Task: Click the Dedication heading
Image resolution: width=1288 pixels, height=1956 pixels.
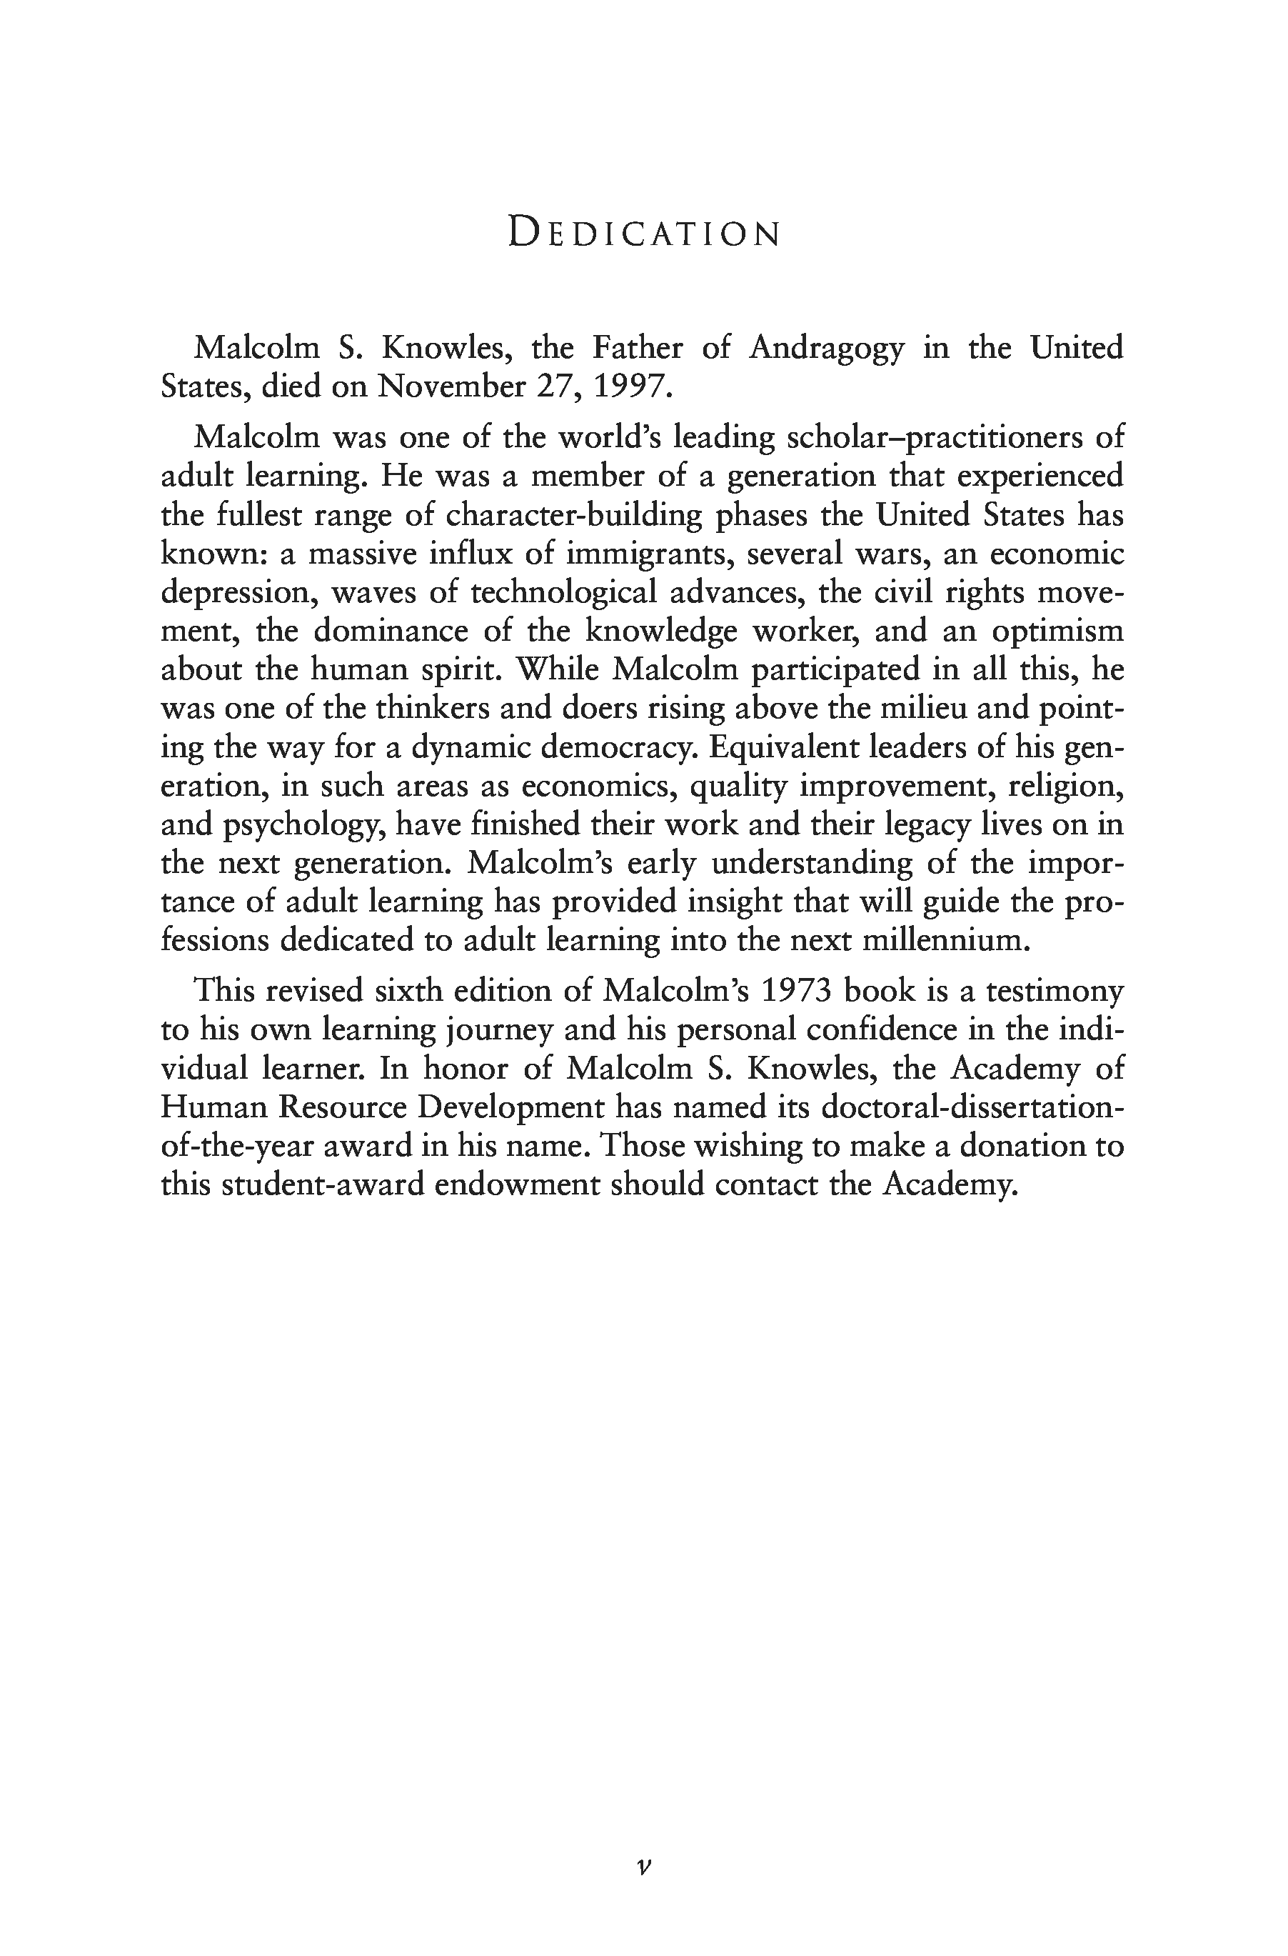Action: [x=644, y=233]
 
